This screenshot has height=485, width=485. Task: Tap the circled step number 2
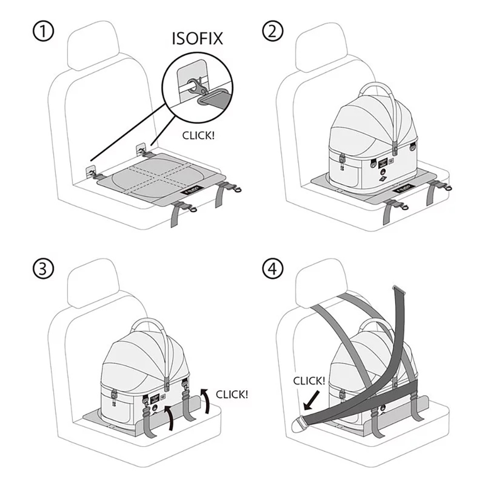pos(272,32)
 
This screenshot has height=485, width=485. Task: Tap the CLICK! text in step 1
pos(198,135)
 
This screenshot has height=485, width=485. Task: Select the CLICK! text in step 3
pos(231,394)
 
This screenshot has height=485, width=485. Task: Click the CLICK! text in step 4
pos(309,381)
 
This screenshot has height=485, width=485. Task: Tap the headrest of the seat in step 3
pos(92,286)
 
